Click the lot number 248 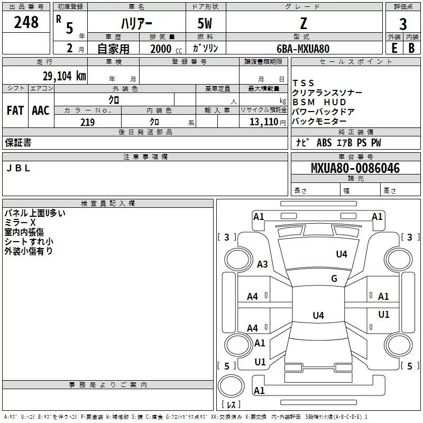[26, 22]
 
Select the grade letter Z [304, 23]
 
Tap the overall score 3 [403, 24]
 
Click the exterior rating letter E [394, 48]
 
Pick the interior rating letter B [411, 48]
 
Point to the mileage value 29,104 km [64, 76]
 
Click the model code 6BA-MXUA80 [303, 49]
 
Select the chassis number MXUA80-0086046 [355, 168]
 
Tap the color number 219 [87, 122]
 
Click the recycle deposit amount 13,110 [263, 122]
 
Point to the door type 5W [205, 23]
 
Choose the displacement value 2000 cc [166, 49]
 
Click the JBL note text [18, 168]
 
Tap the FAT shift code [15, 110]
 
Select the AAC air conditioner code [41, 110]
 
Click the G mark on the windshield [334, 278]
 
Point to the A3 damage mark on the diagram [262, 264]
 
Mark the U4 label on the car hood [342, 254]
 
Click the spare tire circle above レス [231, 386]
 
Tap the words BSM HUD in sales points [319, 102]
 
